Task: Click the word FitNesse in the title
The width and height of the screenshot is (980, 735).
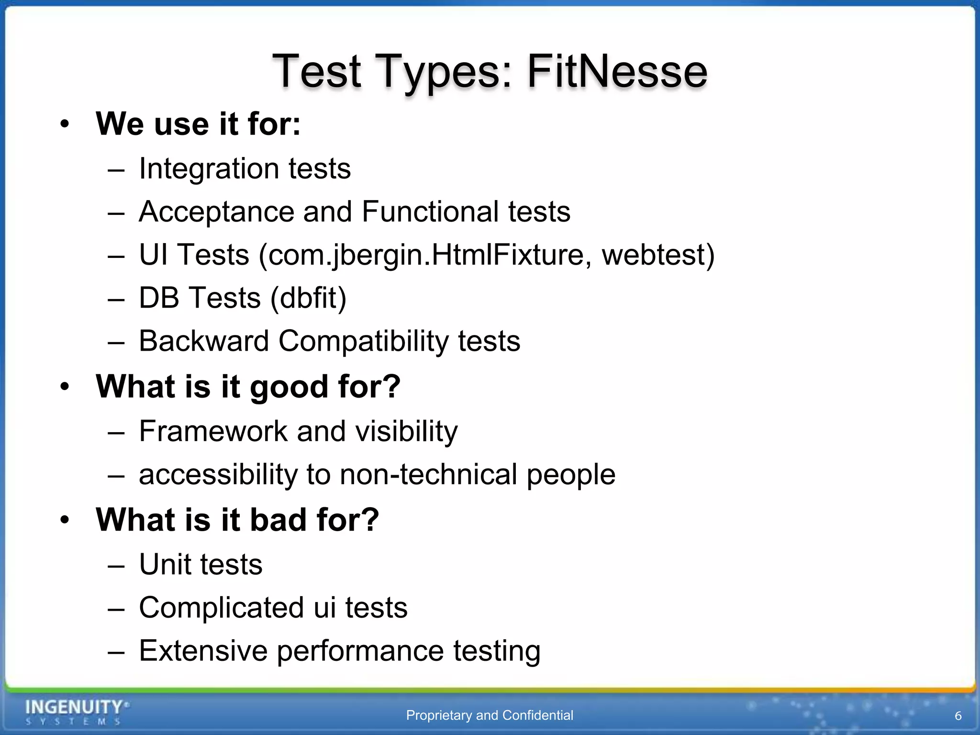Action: pos(617,72)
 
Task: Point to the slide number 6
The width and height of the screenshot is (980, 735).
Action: pos(958,716)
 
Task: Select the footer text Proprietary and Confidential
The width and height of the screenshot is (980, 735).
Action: pos(490,715)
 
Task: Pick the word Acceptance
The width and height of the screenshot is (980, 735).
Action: pos(216,212)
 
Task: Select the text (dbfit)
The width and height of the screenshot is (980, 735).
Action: pos(308,298)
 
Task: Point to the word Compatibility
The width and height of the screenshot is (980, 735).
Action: pos(363,341)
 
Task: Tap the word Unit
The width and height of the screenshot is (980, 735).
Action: pos(166,565)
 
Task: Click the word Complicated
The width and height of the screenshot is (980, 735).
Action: pos(222,608)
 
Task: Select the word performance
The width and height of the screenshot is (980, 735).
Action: pos(360,651)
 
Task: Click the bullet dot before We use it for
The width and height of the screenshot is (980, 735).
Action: pos(65,125)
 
